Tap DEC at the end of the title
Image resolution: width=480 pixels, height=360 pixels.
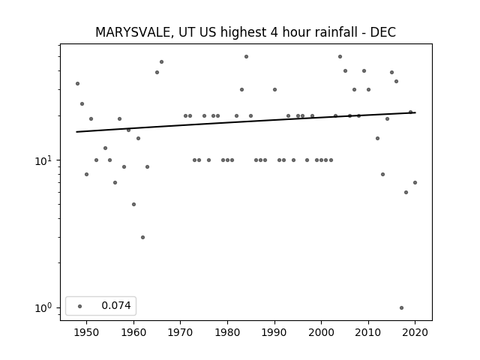tap(383, 32)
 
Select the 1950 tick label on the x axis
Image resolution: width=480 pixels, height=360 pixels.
tap(87, 332)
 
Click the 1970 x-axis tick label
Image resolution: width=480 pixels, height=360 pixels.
tap(181, 332)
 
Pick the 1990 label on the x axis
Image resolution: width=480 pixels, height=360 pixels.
tap(274, 332)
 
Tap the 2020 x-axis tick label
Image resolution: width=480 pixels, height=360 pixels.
tap(415, 332)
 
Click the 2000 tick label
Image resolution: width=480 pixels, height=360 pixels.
tap(322, 332)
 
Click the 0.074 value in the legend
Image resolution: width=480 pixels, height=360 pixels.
tap(116, 305)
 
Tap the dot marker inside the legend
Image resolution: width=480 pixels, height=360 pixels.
tap(80, 306)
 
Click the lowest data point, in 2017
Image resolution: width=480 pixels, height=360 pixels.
tap(402, 308)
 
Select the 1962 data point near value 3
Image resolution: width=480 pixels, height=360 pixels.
tap(142, 237)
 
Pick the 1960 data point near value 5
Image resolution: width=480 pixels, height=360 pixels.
tap(133, 204)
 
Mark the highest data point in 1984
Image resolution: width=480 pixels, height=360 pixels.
tap(247, 57)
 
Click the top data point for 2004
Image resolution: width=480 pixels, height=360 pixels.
tap(340, 57)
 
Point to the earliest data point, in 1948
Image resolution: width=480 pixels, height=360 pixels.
tap(77, 83)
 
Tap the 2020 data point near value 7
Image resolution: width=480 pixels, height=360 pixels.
tap(415, 183)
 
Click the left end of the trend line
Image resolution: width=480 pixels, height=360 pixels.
tap(76, 132)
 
